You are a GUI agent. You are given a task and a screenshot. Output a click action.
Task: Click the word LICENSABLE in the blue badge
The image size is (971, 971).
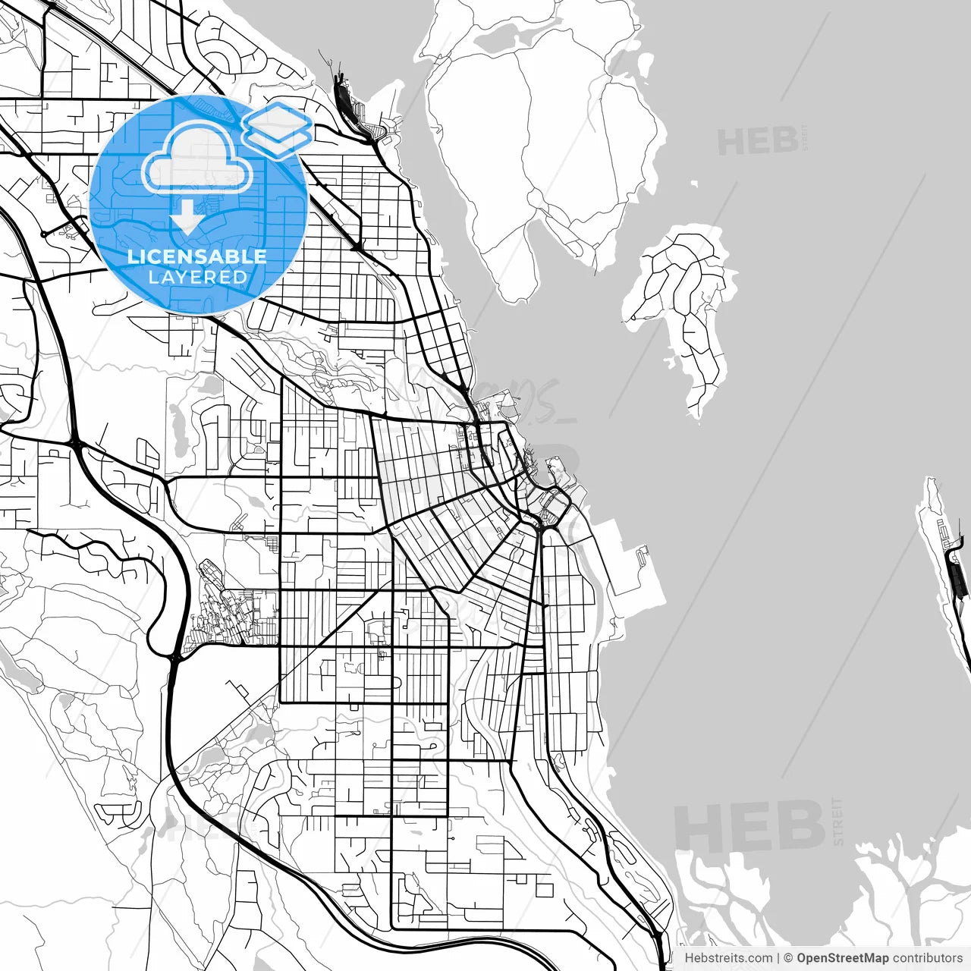(197, 256)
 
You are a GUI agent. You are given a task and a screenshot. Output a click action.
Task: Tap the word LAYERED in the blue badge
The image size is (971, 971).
(197, 278)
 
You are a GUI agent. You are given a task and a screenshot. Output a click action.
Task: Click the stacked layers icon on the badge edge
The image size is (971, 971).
(278, 127)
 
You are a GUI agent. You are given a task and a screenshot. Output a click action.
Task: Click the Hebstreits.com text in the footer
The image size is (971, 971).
(728, 958)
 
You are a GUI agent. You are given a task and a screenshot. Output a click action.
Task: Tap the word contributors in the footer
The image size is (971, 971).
(927, 958)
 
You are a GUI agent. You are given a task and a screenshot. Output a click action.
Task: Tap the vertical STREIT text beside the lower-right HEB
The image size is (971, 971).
(837, 821)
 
